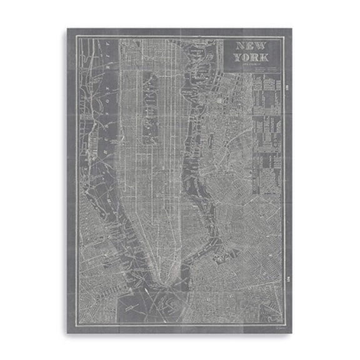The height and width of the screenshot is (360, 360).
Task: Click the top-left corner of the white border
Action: point(77,37)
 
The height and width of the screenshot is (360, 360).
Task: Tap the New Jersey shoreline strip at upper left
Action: point(94,94)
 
